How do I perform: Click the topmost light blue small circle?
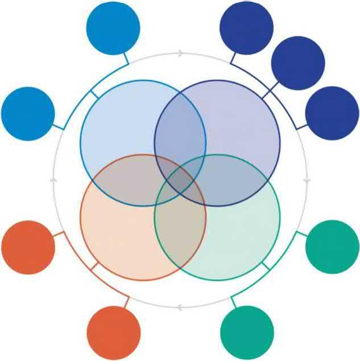pos(113,28)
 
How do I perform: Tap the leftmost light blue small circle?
pos(28,113)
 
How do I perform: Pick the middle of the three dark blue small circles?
pos(297,63)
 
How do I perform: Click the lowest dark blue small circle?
pos(332,113)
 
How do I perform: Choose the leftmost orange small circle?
pos(28,247)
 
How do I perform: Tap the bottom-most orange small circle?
pos(113,333)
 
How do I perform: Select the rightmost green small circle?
pos(332,247)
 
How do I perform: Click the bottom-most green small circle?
pos(247,333)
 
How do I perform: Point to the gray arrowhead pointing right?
pos(181,54)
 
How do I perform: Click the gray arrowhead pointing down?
pos(307,180)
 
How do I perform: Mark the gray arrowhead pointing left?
pos(180,308)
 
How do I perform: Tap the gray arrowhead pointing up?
pos(53,180)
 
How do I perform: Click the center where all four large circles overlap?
pos(180,180)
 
